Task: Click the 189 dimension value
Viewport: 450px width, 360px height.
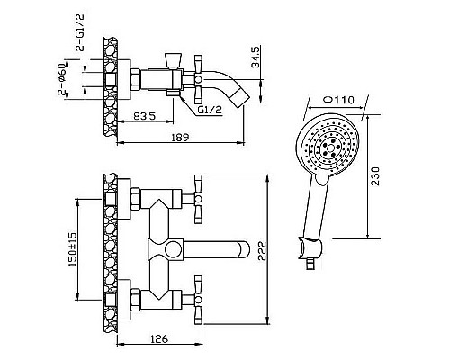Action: pos(180,138)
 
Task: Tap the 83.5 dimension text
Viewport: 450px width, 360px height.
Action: pos(144,116)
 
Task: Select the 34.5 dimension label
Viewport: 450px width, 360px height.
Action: pos(256,57)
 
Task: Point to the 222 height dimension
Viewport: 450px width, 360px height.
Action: pos(262,252)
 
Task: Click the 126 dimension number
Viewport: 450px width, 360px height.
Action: pos(159,339)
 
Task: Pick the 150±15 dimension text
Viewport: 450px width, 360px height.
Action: pos(73,249)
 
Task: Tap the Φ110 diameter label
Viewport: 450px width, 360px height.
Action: pos(338,99)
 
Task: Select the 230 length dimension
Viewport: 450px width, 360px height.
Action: pos(375,176)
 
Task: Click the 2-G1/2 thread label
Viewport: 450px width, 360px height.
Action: pos(80,32)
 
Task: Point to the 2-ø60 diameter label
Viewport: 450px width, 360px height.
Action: pos(62,79)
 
